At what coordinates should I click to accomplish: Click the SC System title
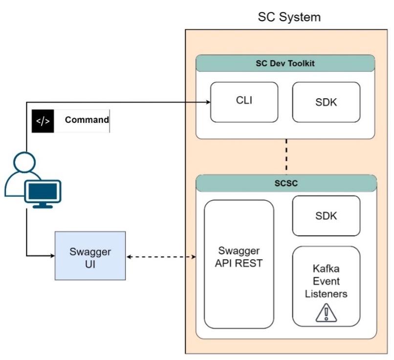(x=289, y=18)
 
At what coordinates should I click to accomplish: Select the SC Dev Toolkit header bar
(x=285, y=64)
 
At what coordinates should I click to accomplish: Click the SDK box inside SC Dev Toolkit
(x=326, y=102)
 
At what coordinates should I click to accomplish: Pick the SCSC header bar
(x=286, y=183)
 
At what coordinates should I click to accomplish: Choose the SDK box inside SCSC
(x=326, y=216)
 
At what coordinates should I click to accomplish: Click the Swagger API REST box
(x=239, y=264)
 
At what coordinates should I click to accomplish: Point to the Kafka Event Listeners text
(x=326, y=282)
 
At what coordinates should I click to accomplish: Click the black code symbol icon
(x=43, y=121)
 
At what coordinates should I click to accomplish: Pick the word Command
(x=87, y=120)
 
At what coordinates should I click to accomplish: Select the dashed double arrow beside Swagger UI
(x=161, y=256)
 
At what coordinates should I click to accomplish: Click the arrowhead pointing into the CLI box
(x=207, y=102)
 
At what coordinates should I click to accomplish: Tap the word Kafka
(x=326, y=270)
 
